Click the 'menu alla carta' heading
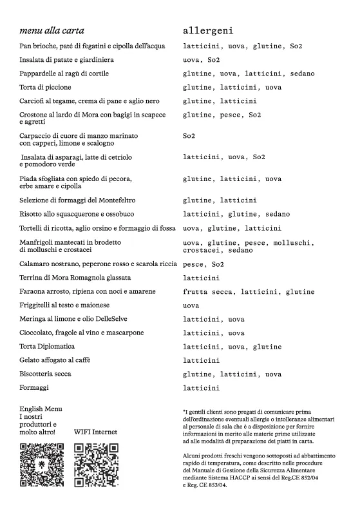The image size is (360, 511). point(52,30)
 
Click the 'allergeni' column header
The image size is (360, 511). point(208,30)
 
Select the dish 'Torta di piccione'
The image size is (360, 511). point(45,87)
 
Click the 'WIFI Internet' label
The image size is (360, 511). point(95,432)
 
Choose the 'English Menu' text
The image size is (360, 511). point(41,409)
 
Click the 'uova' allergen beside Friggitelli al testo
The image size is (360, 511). point(191,305)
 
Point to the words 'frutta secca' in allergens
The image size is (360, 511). point(209,292)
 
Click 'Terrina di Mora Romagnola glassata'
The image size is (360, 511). point(75,278)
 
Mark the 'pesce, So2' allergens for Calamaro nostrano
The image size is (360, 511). point(204,264)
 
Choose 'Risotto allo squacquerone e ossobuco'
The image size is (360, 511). point(77,214)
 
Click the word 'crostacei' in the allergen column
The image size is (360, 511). point(204,250)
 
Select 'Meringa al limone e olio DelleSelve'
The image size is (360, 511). point(81,319)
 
